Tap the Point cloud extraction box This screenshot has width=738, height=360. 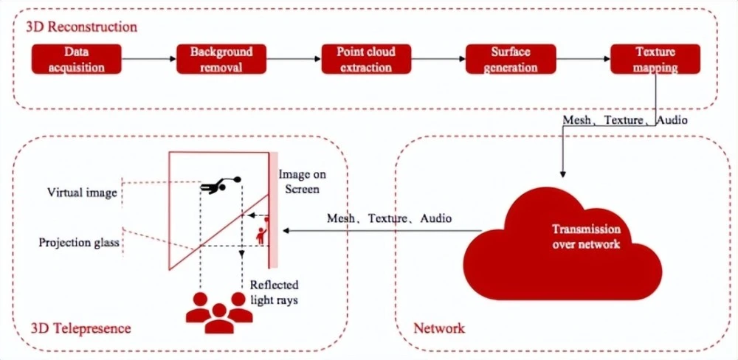[x=365, y=59]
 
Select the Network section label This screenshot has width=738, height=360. [x=439, y=327]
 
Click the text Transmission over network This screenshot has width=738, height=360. [x=587, y=236]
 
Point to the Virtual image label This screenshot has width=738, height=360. [x=81, y=193]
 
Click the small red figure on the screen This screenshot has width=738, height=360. [x=261, y=233]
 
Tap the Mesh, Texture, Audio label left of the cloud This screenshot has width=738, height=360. [x=389, y=218]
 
